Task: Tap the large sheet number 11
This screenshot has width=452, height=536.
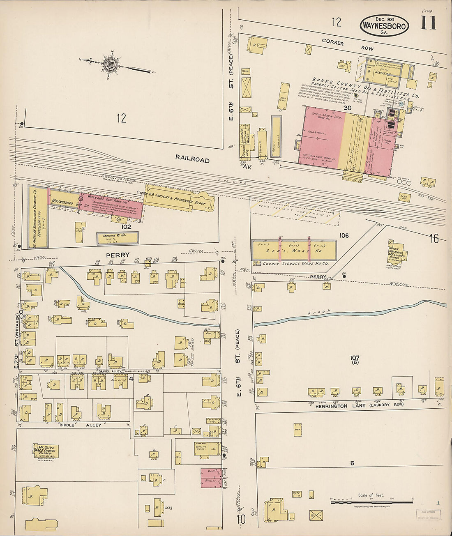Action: click(428, 23)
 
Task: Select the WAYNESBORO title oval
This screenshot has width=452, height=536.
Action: click(384, 26)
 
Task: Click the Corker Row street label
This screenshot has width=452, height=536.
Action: click(347, 45)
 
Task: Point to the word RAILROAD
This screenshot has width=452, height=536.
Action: click(192, 159)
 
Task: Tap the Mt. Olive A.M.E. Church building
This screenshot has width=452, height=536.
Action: click(46, 451)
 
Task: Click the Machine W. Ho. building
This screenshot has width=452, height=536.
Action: click(118, 238)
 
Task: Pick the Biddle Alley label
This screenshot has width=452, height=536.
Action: click(86, 425)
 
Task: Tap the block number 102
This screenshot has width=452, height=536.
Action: click(126, 227)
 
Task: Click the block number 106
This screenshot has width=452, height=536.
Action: click(344, 235)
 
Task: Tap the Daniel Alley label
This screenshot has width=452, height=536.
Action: click(108, 371)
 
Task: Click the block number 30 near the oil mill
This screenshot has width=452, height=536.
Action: click(348, 108)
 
